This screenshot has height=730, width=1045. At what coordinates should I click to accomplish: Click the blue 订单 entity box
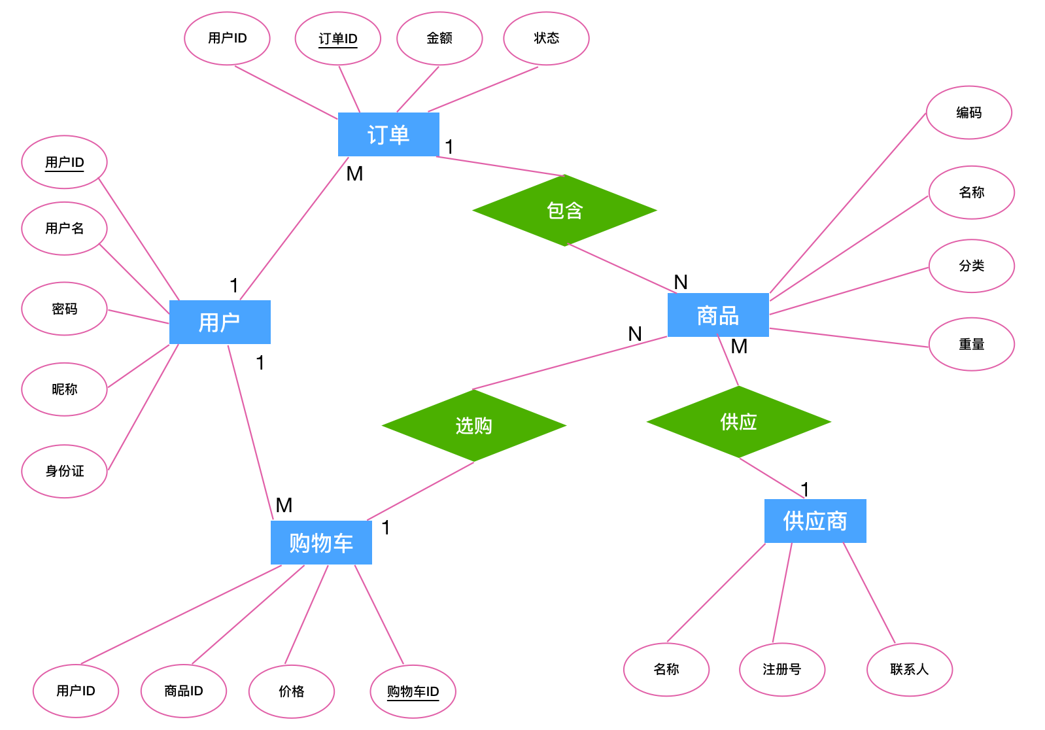[x=388, y=135]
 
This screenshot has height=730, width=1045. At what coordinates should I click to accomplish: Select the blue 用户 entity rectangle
[x=220, y=322]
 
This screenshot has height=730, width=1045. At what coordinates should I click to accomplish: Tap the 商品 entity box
[x=718, y=315]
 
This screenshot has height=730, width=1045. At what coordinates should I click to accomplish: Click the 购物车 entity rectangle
[x=321, y=542]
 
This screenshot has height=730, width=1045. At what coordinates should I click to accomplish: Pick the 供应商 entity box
[x=815, y=521]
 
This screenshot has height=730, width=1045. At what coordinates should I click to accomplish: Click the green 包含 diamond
[x=564, y=211]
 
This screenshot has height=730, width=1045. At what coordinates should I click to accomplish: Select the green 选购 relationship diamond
[x=473, y=426]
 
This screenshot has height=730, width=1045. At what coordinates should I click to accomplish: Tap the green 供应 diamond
[x=738, y=422]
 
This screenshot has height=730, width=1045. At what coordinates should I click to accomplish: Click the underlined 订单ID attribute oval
[x=338, y=39]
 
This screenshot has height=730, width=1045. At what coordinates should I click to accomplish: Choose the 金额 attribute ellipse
[x=439, y=39]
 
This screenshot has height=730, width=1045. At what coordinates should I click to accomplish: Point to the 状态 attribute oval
[x=546, y=39]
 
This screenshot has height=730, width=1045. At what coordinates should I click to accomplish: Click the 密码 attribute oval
[x=64, y=309]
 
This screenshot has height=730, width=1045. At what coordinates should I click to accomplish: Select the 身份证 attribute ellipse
[x=64, y=471]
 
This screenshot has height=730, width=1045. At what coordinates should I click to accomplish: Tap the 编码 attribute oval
[x=968, y=113]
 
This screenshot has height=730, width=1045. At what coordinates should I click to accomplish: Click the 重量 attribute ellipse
[x=971, y=344]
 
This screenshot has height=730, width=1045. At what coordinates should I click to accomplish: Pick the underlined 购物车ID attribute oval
[x=413, y=691]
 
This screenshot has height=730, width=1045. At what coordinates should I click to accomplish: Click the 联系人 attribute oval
[x=909, y=669]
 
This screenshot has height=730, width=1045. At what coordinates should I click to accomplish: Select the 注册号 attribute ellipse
[x=781, y=669]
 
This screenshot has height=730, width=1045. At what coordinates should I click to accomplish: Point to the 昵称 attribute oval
[x=64, y=389]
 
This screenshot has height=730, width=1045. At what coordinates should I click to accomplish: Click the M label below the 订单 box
[x=354, y=174]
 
